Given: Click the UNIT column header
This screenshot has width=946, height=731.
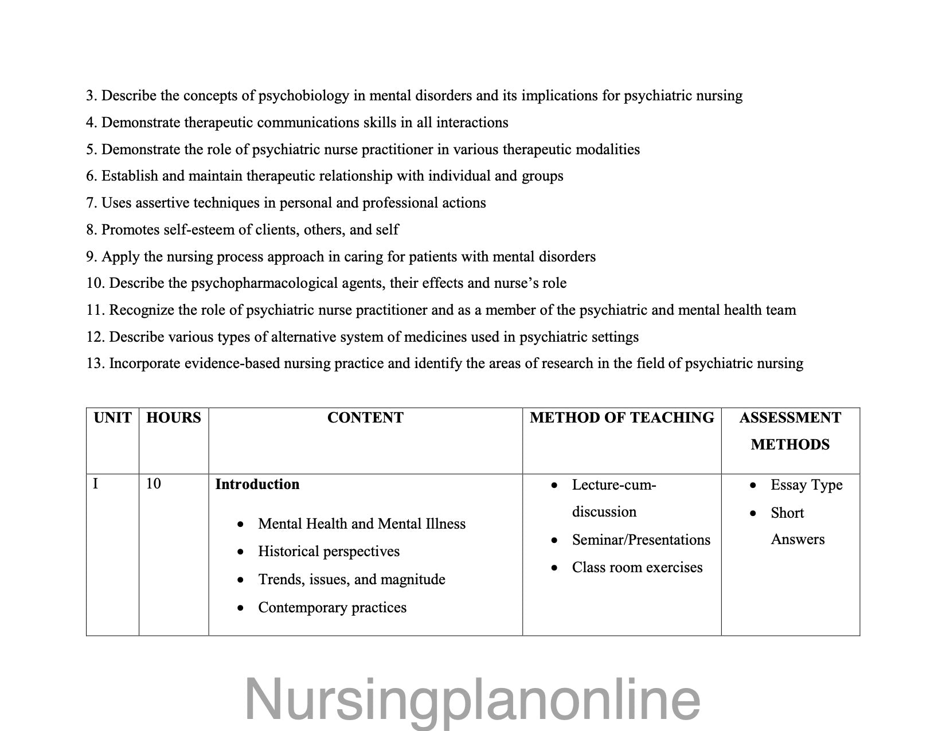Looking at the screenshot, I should [x=112, y=418].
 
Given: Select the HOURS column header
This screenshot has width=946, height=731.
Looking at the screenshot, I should [x=174, y=418].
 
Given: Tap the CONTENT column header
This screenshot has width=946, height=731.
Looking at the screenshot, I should [x=365, y=418].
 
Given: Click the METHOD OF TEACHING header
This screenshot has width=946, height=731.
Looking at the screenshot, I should [x=622, y=418].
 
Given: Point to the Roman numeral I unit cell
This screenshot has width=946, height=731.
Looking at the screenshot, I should [x=96, y=484].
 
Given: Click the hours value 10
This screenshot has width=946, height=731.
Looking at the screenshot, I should [x=153, y=484].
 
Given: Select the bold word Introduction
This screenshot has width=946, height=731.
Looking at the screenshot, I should [x=257, y=484].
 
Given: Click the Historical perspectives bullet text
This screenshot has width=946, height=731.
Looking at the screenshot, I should [x=329, y=552].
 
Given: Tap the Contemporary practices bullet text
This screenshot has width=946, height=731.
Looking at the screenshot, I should [x=332, y=608].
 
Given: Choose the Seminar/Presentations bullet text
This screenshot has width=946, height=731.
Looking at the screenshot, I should [x=641, y=540].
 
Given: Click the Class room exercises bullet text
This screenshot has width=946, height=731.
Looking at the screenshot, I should [x=637, y=568].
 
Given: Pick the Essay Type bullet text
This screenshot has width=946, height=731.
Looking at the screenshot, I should [x=806, y=485].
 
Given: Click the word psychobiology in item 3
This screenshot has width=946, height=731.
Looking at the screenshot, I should [x=303, y=96].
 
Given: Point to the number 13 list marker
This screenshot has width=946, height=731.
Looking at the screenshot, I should [x=95, y=363].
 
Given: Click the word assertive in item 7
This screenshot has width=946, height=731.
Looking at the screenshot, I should [x=162, y=203].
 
